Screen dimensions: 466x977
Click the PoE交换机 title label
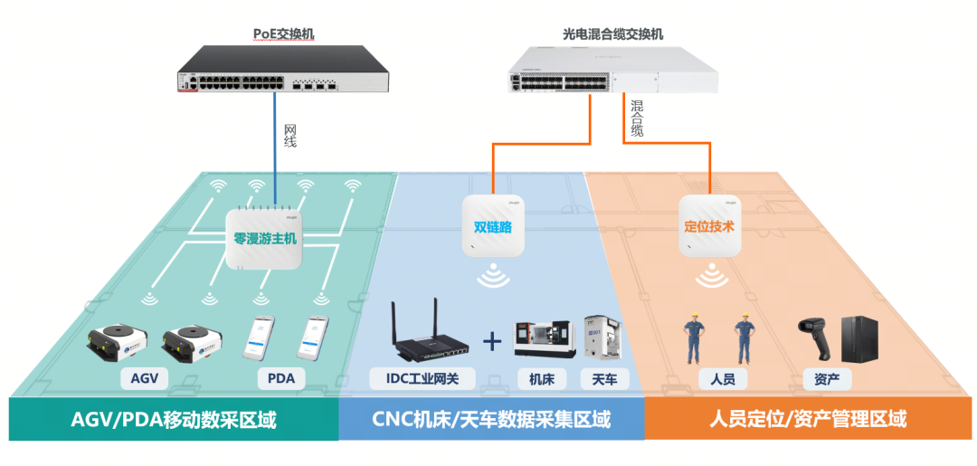(x=282, y=34)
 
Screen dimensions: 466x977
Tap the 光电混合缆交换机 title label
(x=612, y=34)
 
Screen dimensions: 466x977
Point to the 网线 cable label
(x=289, y=136)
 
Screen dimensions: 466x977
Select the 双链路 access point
(x=493, y=226)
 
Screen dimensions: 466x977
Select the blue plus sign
(x=491, y=342)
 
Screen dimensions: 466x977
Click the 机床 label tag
(x=542, y=378)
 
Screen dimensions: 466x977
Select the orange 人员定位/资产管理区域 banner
(x=808, y=419)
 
